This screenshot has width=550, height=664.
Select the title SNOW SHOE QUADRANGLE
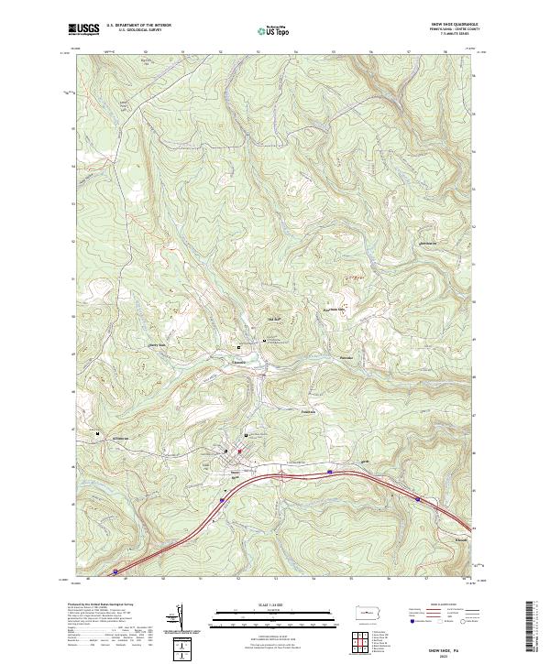click(445, 24)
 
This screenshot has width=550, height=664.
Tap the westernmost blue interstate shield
click(115, 571)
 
